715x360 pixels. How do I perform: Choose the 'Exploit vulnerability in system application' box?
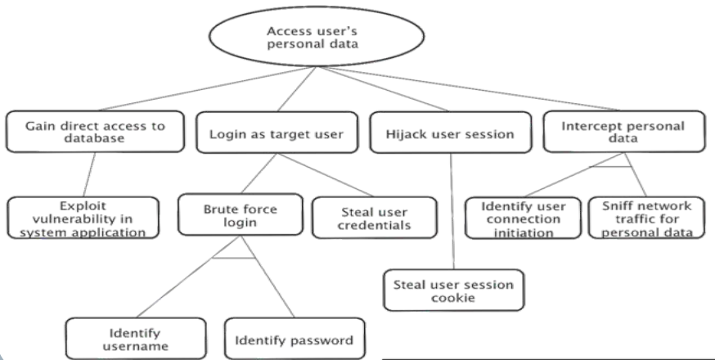coord(83,217)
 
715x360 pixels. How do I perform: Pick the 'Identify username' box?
coord(135,339)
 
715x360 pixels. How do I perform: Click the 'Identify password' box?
coord(295,340)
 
